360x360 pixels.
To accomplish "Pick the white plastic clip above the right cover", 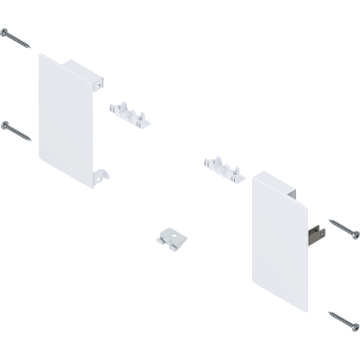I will [221, 166].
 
